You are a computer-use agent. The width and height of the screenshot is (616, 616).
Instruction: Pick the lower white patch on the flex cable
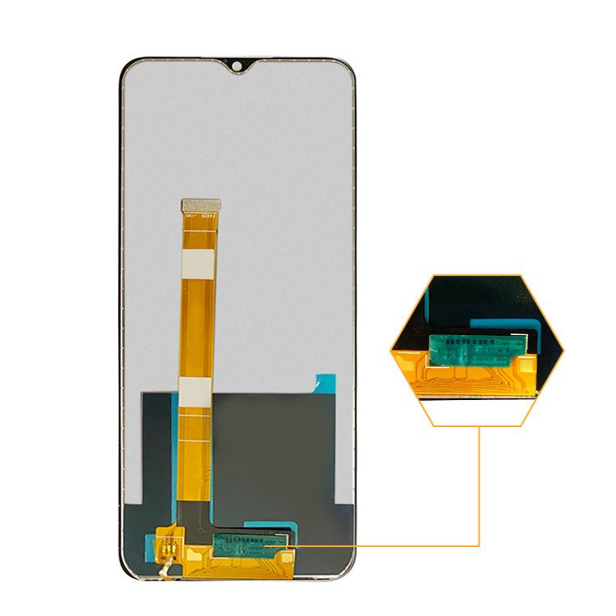click(196, 392)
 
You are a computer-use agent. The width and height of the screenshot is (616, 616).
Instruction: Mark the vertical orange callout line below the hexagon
click(480, 485)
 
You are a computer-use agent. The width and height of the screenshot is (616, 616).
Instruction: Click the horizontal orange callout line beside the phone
click(386, 545)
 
